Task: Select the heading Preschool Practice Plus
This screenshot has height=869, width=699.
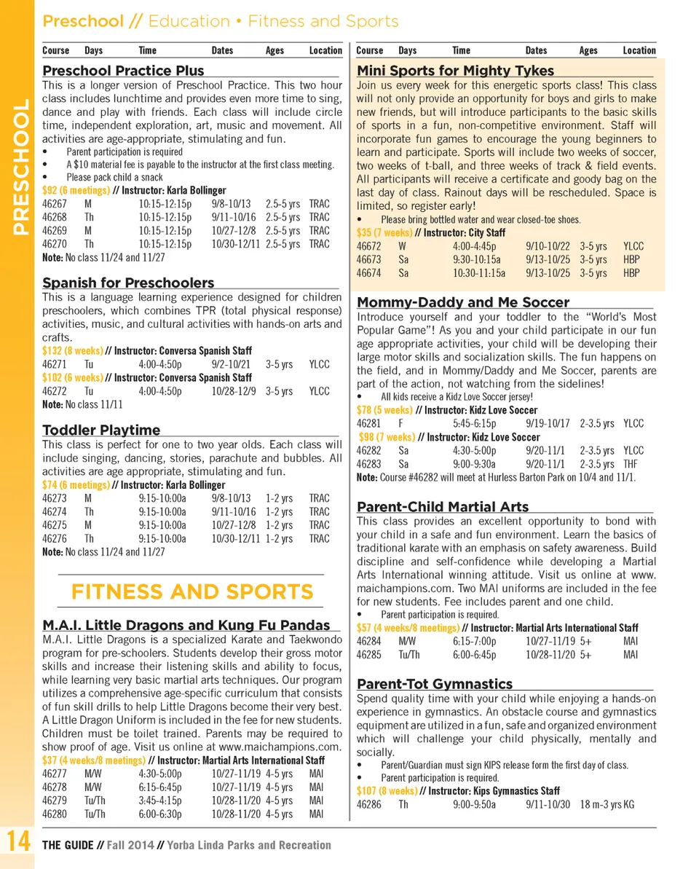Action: pos(123,71)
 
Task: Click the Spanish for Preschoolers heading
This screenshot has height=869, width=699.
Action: pos(128,283)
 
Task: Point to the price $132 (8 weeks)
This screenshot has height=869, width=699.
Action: pos(73,351)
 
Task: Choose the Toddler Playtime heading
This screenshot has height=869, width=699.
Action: pos(101,430)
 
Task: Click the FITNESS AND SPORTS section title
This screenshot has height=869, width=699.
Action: pos(191,591)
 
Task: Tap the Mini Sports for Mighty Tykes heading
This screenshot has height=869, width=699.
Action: pos(455,71)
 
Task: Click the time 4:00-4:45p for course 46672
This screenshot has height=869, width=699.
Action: pos(472,246)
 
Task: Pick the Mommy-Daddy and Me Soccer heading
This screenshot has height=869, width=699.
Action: pos(463,302)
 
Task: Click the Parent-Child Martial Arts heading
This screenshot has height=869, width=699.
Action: pos(443,507)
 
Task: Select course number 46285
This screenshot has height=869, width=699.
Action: pos(368,655)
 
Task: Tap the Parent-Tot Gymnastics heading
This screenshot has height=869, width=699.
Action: pos(435,684)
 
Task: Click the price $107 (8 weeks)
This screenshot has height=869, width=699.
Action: pos(387,791)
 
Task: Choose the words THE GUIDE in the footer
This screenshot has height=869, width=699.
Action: pos(68,846)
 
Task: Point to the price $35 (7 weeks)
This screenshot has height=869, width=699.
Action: pos(384,233)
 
